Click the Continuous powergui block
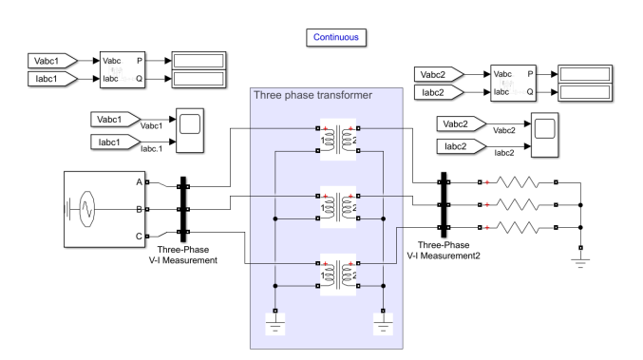pyautogui.click(x=335, y=37)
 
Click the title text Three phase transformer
pyautogui.click(x=312, y=95)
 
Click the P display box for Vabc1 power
pyautogui.click(x=197, y=61)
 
